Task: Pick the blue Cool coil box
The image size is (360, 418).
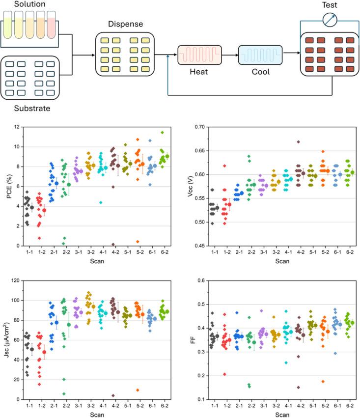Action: (x=260, y=53)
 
